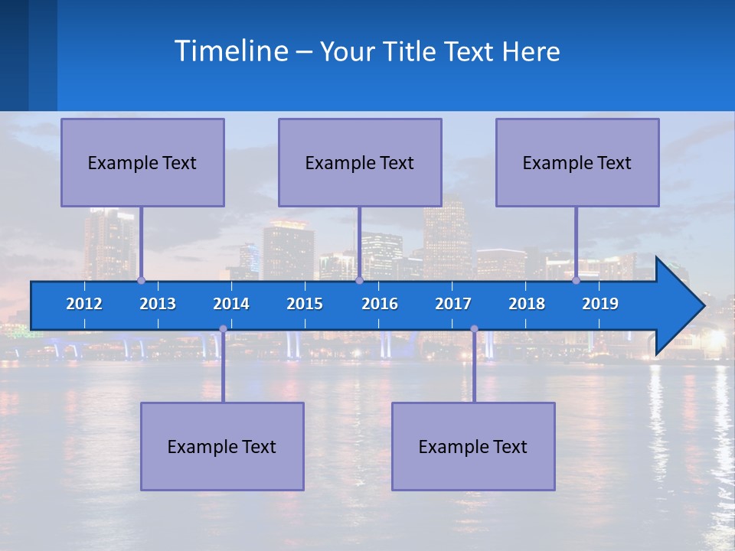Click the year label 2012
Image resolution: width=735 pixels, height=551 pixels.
click(x=84, y=304)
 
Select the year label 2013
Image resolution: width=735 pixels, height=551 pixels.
click(x=158, y=304)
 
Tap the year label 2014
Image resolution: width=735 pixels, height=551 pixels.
click(x=231, y=304)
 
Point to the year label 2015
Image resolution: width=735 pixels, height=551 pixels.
click(x=305, y=304)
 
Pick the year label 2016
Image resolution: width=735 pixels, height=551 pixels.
click(x=380, y=304)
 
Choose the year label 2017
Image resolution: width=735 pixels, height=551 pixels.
click(x=453, y=304)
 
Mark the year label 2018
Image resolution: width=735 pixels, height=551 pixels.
click(x=527, y=304)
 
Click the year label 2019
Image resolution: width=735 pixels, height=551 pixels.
click(x=600, y=304)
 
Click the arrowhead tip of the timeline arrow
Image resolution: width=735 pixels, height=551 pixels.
click(x=703, y=306)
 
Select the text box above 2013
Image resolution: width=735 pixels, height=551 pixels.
click(x=142, y=162)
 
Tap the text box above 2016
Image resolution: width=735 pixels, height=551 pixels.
click(x=360, y=162)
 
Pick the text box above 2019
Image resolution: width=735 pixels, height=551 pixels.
click(x=577, y=162)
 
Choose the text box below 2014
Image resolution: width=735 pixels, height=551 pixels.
click(x=222, y=446)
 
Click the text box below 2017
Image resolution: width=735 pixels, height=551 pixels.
click(x=473, y=446)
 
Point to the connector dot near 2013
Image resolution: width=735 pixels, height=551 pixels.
click(x=141, y=281)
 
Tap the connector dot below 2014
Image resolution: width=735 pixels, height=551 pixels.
click(x=223, y=329)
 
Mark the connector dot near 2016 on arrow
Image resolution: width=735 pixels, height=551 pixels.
click(x=359, y=281)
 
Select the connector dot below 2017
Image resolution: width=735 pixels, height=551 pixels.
click(x=474, y=329)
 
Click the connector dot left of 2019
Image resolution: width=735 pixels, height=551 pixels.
click(x=576, y=281)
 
